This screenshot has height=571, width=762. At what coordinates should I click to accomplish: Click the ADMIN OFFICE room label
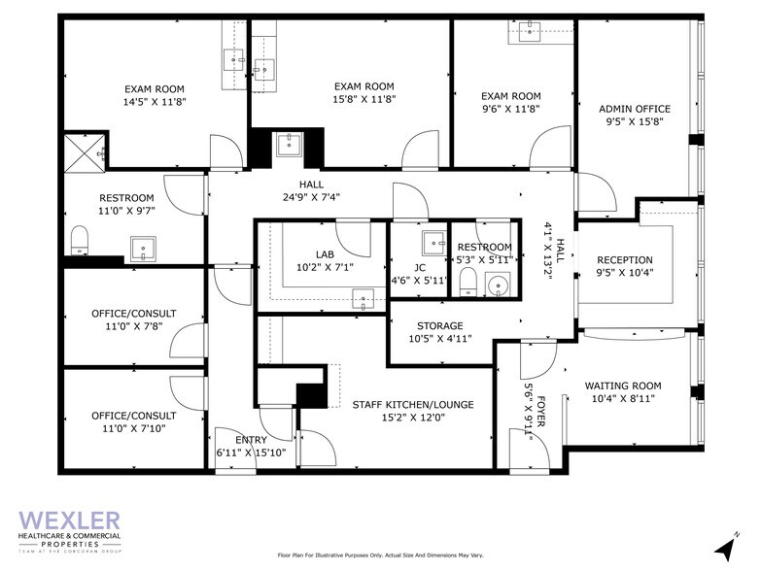point(634,109)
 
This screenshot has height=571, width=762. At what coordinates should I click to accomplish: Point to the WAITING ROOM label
point(622,386)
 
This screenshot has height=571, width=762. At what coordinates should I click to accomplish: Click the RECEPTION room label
point(624,260)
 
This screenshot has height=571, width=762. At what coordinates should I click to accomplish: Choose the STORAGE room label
point(440,326)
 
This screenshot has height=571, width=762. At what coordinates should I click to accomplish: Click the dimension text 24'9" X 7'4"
point(311,197)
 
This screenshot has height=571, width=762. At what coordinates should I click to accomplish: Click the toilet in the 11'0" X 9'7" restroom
point(80,238)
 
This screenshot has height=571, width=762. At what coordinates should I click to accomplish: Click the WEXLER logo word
point(69,521)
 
